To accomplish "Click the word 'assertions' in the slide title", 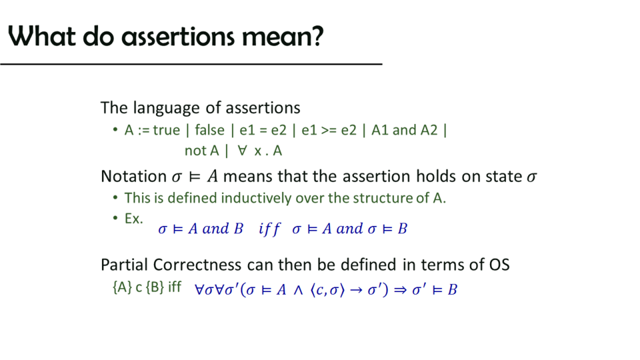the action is [x=178, y=37].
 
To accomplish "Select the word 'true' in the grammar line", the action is [x=166, y=130].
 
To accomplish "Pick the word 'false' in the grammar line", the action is [x=209, y=130].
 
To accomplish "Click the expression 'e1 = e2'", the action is [x=263, y=130].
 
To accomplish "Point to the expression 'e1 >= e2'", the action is [x=329, y=130].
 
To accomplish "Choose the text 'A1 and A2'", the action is [x=404, y=130].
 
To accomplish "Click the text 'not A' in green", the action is [x=201, y=151].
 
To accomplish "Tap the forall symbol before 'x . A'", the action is [x=243, y=151].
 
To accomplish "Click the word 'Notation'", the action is [x=133, y=176].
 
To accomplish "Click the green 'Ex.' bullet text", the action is [x=134, y=219].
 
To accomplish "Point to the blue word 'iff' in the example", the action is [x=269, y=229].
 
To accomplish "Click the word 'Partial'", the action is [x=125, y=265].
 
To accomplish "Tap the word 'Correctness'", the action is [x=197, y=265].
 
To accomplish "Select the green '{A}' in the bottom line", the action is [x=122, y=287].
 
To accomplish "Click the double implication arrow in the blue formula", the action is [x=400, y=290].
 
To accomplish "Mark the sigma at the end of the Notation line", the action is [x=531, y=177].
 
